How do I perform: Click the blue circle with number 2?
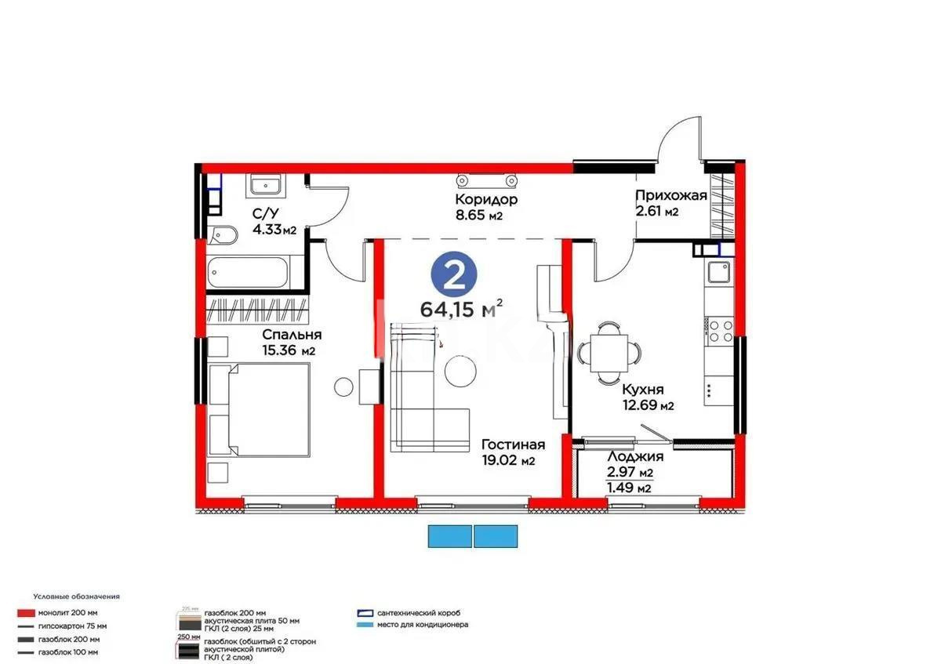(x=451, y=274)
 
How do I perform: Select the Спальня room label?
(x=292, y=335)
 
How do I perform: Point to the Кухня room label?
(x=643, y=389)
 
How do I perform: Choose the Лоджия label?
(x=636, y=456)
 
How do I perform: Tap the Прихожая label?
(x=670, y=196)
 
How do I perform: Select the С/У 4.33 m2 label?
(x=274, y=221)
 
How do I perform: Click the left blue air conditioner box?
(x=449, y=536)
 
